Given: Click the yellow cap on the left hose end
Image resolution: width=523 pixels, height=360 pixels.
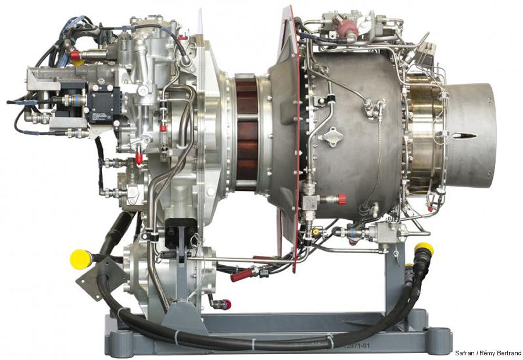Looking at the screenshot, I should [x=80, y=259].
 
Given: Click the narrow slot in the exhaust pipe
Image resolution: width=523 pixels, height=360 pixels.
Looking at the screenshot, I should [x=465, y=136].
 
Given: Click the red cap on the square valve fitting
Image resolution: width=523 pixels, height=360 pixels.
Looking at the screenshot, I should [x=342, y=199].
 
